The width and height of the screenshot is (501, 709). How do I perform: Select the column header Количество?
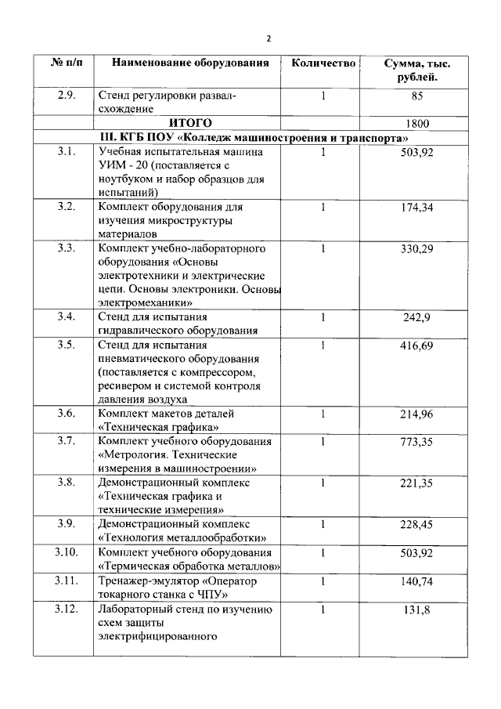pyautogui.click(x=323, y=63)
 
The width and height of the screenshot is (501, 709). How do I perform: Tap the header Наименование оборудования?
pyautogui.click(x=190, y=63)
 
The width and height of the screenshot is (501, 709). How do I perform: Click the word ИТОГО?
pyautogui.click(x=191, y=123)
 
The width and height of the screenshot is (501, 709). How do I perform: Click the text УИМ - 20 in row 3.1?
pyautogui.click(x=125, y=166)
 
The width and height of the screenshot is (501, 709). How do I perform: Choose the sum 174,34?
pyautogui.click(x=416, y=208)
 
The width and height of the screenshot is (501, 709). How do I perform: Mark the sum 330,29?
pyautogui.click(x=416, y=248)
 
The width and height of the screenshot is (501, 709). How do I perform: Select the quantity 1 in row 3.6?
pyautogui.click(x=323, y=413)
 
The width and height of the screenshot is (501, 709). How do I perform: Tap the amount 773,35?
pyautogui.click(x=416, y=441)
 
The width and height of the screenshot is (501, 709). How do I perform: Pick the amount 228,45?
pyautogui.click(x=416, y=524)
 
